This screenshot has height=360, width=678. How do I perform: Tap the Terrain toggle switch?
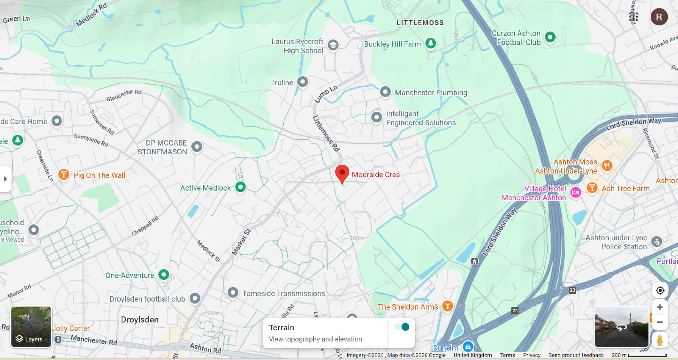click(x=402, y=327)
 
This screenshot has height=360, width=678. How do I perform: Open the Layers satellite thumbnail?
click(x=31, y=327)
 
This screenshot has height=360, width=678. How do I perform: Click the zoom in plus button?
click(x=660, y=307)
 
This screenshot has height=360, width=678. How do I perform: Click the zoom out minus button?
click(x=660, y=322)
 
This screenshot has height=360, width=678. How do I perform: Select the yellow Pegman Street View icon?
click(x=660, y=340)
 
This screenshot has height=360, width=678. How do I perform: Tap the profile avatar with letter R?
click(x=659, y=17)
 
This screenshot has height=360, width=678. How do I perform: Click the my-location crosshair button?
click(x=660, y=290)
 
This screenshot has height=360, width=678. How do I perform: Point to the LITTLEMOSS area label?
click(x=420, y=23)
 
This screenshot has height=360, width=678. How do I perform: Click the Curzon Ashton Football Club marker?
click(x=550, y=37)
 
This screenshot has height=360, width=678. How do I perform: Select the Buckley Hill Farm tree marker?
click(x=431, y=43)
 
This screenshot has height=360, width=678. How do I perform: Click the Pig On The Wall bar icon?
click(x=64, y=174)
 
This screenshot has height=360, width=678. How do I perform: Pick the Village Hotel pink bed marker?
click(x=576, y=193)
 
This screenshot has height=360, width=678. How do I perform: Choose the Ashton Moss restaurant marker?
click(x=607, y=166)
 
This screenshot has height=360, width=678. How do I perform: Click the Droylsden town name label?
click(x=140, y=319)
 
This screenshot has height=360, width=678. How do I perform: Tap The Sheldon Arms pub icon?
click(x=448, y=306)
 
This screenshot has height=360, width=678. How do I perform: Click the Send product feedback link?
click(x=576, y=355)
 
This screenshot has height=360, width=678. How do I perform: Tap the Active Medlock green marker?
click(x=241, y=187)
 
